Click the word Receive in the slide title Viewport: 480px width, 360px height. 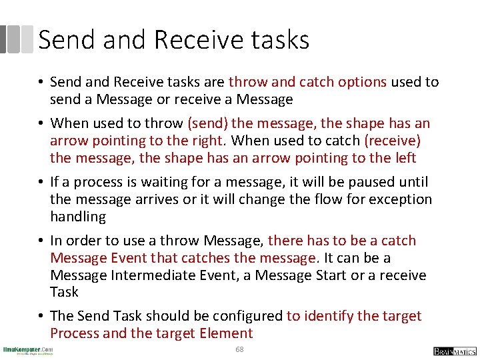coord(190,40)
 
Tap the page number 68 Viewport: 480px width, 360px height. coord(239,350)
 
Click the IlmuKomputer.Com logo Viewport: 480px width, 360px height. coord(28,350)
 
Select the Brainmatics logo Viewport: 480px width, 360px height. coord(455,351)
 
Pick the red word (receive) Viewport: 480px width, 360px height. coord(393,141)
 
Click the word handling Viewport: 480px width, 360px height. coord(78,217)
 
